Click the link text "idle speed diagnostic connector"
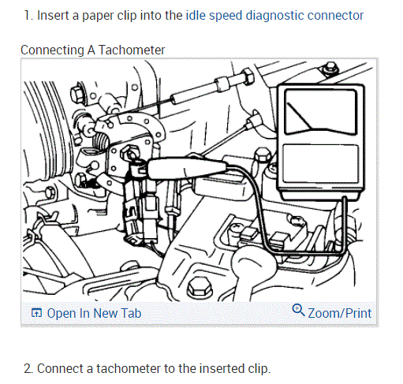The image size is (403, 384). [x=274, y=16]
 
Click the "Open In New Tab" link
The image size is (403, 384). [x=94, y=313]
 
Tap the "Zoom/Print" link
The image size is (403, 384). [x=340, y=313]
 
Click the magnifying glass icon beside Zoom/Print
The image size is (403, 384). [x=298, y=310]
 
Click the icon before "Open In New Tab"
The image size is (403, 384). [x=36, y=313]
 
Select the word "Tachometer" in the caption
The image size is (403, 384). [x=132, y=50]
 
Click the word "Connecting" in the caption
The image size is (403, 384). [x=52, y=50]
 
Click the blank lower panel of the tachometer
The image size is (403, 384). [x=321, y=163]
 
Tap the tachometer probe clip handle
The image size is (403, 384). [x=188, y=168]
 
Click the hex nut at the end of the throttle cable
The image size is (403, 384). [x=247, y=76]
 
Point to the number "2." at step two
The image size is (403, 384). [x=28, y=368]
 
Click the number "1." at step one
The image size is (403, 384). [x=28, y=16]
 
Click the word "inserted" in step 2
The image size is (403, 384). [x=222, y=368]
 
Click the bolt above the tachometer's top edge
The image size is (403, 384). [x=331, y=68]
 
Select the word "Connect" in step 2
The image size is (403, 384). [x=60, y=368]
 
